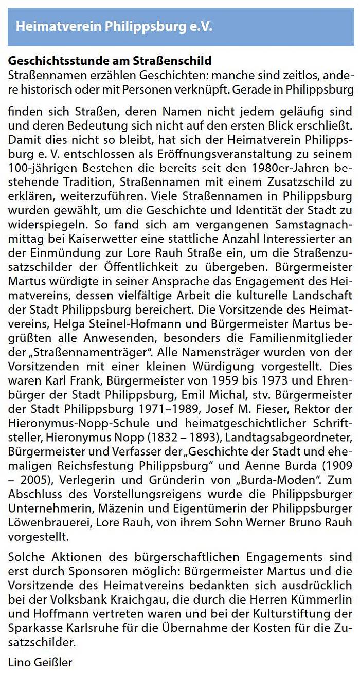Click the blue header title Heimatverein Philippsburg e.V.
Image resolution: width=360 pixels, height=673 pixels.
click(x=114, y=27)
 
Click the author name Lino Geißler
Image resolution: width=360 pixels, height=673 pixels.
click(x=41, y=662)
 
